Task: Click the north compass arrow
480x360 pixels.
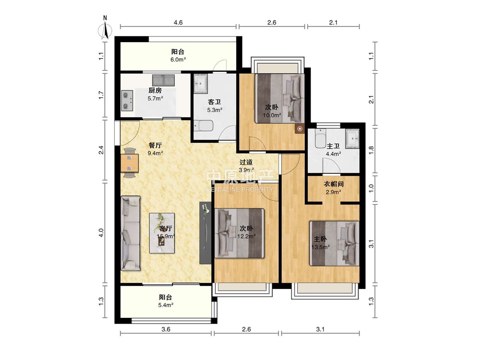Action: coord(105,28)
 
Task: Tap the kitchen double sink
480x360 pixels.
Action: coord(163,80)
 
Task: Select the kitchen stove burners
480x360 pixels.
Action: coord(127,100)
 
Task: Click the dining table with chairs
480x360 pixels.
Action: coord(130,163)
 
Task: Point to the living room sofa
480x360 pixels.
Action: coord(131,233)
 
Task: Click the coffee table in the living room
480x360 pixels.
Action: coord(162,233)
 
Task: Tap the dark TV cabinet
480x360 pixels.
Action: coord(205,233)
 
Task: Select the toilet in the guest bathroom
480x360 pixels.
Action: coord(203,126)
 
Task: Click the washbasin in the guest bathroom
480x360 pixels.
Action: coord(201,83)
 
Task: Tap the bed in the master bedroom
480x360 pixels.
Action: coord(334,243)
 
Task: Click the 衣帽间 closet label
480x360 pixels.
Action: coord(334,184)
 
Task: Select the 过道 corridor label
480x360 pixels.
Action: coord(246,162)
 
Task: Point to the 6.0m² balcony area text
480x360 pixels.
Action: coord(178,60)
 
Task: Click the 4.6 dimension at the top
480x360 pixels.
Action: coord(178,23)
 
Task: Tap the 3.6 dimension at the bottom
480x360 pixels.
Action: coord(166,329)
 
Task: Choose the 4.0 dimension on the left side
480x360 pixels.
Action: coord(101,233)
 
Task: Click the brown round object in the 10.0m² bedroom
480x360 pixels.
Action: coord(300,129)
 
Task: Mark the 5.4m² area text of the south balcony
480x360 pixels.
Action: coord(166,305)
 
